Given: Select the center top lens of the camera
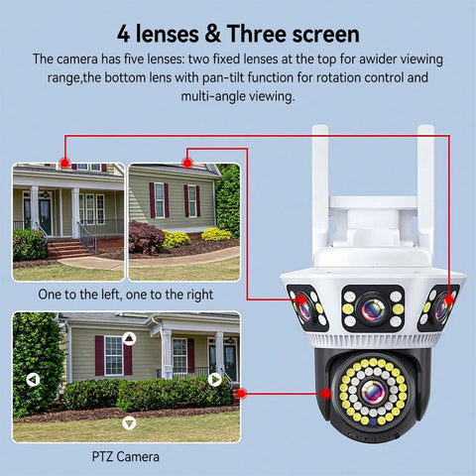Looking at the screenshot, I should [x=373, y=309].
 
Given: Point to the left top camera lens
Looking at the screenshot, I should [x=303, y=309].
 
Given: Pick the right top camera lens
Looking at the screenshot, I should [x=441, y=309].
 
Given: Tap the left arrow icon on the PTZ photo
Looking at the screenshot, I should [x=33, y=379].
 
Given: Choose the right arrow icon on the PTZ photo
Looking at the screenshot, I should [x=215, y=379].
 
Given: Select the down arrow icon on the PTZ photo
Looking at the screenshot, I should [x=128, y=422].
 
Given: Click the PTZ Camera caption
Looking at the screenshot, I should [x=125, y=457].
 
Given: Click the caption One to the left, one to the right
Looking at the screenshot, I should [x=125, y=295].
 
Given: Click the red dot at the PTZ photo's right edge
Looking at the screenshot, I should [x=240, y=393].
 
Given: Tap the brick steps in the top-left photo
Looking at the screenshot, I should [x=67, y=247].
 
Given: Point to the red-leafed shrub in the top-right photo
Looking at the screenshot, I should [x=147, y=238].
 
